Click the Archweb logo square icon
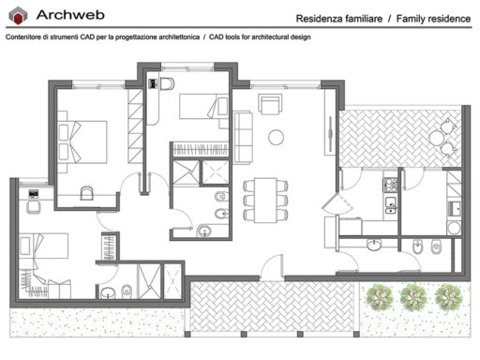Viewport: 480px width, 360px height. click(x=18, y=14)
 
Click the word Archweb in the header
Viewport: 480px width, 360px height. click(x=67, y=14)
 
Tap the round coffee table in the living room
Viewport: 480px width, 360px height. click(x=277, y=137)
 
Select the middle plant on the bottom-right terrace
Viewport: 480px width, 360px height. click(x=412, y=297)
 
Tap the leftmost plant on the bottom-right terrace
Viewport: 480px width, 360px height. click(x=379, y=297)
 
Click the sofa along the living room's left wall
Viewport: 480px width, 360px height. click(x=243, y=129)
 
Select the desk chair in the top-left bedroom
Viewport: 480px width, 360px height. click(x=86, y=192)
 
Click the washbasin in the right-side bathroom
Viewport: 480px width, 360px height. click(x=374, y=246)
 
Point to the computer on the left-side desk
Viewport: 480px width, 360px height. click(x=34, y=193)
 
